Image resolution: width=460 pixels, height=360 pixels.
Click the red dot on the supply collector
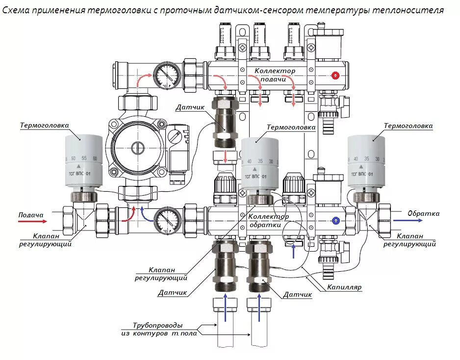click(335, 76)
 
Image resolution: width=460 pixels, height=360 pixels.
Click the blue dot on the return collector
click(335, 221)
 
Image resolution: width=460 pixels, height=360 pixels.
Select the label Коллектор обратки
click(268, 221)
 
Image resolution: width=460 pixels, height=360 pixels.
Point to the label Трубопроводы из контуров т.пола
click(158, 329)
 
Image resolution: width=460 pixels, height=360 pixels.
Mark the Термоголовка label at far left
click(44, 125)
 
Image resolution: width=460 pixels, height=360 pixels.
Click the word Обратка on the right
click(424, 214)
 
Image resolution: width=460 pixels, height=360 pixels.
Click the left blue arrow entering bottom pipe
click(225, 308)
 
